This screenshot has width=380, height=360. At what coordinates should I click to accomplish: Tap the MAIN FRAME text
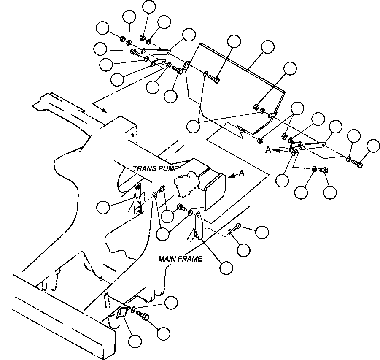coord(180,259)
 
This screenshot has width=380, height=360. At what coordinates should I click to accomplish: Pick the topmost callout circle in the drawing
coord(149,7)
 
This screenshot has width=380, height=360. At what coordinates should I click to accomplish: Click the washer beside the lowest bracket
coord(134,310)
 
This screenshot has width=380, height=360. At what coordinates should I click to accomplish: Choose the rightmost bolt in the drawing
coord(357,163)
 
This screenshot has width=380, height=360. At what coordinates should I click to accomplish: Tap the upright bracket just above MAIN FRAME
coord(197,226)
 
